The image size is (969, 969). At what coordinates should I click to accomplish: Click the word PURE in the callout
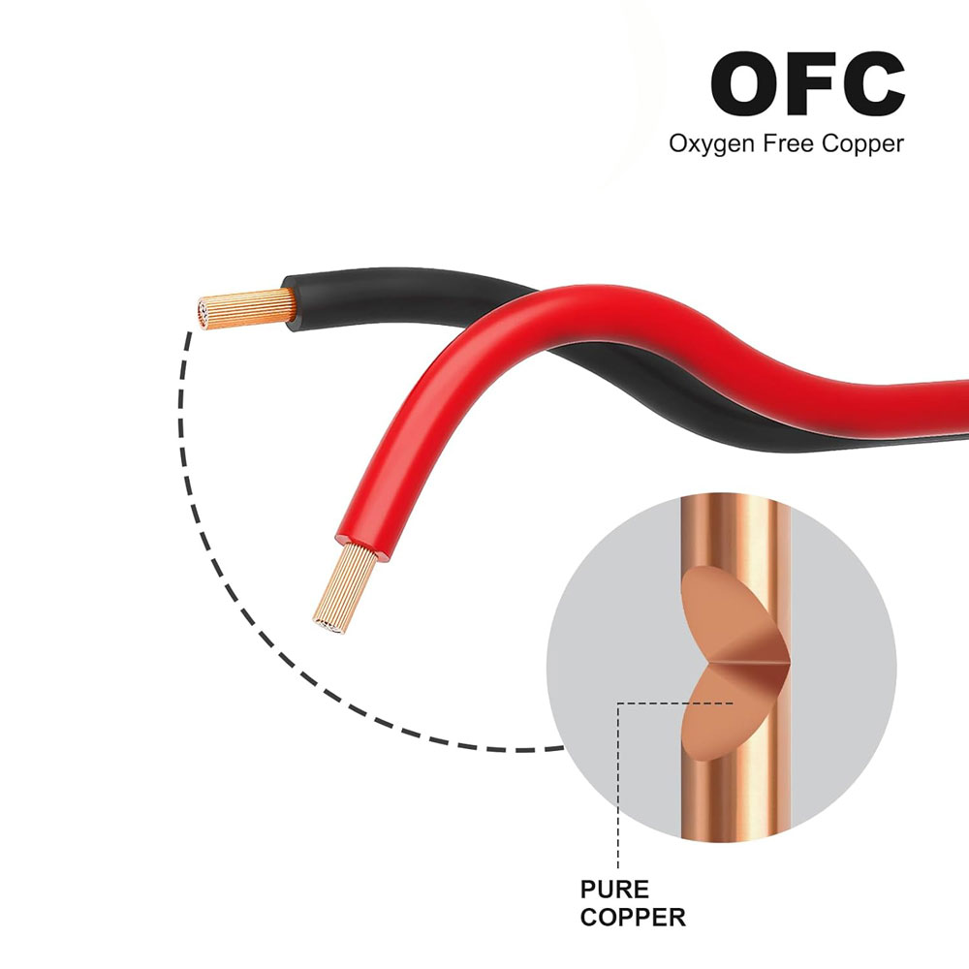coord(614,890)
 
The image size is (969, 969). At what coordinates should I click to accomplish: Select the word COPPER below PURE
coord(632,916)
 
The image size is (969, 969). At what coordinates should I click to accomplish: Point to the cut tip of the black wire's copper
coord(201,313)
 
